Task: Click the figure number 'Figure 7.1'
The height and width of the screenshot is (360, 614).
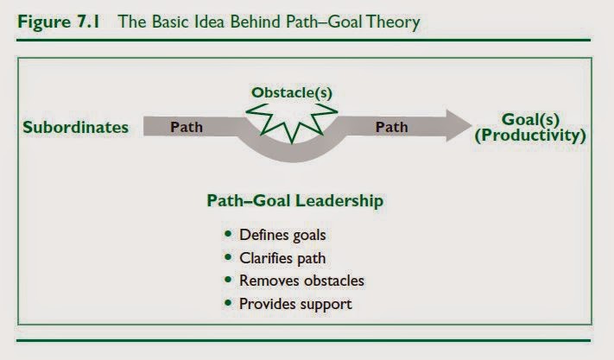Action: click(59, 22)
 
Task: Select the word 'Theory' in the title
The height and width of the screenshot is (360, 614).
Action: click(393, 22)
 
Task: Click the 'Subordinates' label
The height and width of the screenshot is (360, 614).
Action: click(76, 127)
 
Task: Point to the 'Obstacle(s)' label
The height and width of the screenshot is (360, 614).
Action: click(292, 92)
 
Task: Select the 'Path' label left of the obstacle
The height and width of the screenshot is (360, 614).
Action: click(187, 127)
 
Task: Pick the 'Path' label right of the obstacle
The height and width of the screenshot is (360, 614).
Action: click(391, 127)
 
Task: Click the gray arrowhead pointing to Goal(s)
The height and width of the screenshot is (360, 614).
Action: click(459, 125)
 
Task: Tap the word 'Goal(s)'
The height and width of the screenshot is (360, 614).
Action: click(530, 119)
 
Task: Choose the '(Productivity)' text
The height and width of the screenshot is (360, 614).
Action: click(530, 136)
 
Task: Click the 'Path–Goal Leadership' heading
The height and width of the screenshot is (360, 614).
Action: click(294, 201)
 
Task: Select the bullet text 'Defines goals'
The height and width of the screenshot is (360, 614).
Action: click(282, 235)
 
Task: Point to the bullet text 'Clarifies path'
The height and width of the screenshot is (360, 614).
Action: click(282, 258)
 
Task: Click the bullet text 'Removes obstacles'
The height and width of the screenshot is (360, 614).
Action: click(301, 281)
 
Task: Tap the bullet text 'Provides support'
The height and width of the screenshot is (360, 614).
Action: click(295, 304)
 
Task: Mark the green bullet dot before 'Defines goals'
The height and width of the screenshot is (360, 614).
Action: click(228, 234)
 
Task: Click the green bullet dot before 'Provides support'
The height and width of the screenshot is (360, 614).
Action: click(228, 303)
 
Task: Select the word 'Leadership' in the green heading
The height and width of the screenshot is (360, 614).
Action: click(339, 201)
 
